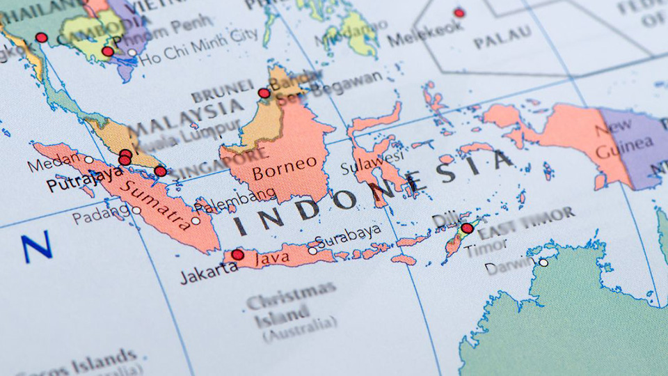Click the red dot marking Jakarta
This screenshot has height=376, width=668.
(238, 255)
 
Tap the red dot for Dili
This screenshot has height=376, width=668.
(467, 228)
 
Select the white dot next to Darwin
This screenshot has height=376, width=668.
(543, 263)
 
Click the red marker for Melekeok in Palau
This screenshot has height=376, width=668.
(459, 13)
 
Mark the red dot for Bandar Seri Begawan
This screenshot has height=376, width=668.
(264, 93)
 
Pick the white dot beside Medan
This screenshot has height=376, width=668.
(88, 159)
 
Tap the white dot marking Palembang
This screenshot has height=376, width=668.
(196, 221)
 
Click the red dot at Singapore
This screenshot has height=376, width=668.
(161, 171)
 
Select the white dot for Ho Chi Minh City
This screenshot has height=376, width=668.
(132, 52)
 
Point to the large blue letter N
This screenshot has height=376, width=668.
(36, 247)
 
